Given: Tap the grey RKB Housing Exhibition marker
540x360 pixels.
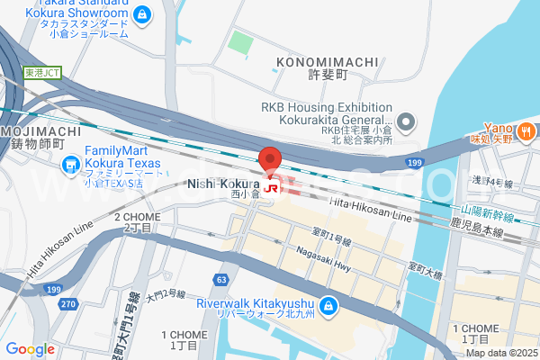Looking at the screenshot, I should click(406, 121).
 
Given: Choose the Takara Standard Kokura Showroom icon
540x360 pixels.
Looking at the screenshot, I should click(142, 14).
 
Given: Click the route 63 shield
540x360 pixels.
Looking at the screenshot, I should click(220, 280).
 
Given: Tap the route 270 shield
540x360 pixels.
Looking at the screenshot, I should click(68, 303).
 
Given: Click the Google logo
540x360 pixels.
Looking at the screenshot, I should click(30, 348).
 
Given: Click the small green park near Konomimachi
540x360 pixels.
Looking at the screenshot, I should click(240, 41).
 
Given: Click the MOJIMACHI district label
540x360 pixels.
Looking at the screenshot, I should click(42, 131).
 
